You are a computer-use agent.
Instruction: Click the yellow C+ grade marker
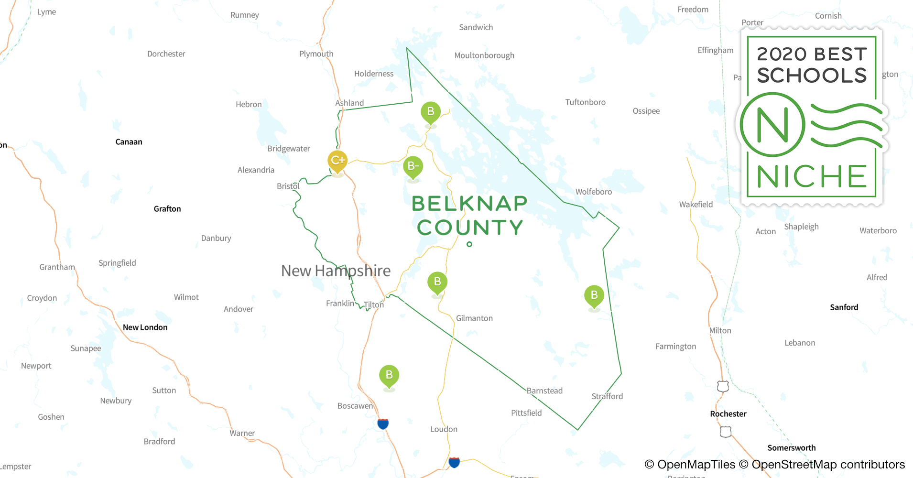337,160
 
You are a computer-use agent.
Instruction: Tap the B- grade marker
413,166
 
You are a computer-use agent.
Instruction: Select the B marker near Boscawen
389,375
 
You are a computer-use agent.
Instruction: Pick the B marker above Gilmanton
437,282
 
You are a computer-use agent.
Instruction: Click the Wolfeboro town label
593,192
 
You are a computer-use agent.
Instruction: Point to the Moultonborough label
484,55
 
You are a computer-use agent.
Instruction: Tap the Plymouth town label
316,54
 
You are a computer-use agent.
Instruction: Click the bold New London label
145,327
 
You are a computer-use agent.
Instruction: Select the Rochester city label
728,414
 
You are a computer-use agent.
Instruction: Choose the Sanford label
844,307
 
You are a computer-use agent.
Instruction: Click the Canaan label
129,142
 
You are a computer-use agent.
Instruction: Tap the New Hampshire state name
336,271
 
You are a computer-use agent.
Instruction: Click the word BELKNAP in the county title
469,204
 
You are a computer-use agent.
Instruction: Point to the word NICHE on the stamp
812,177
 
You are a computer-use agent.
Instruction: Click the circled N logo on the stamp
772,125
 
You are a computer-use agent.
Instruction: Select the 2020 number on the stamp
782,54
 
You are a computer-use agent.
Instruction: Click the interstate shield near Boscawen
383,424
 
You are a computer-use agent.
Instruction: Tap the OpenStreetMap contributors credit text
828,465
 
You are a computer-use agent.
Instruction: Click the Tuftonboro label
585,102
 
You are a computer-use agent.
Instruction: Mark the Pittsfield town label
526,413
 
